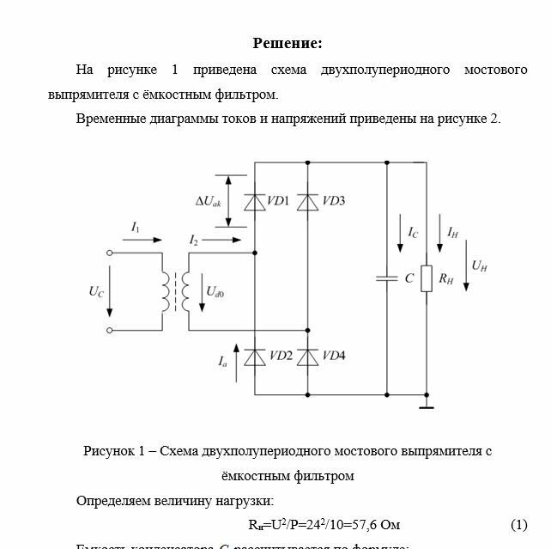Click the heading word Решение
[287, 43]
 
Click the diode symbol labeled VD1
[255, 202]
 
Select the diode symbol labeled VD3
[308, 202]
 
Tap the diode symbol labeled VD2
[255, 357]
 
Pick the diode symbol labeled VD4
[308, 357]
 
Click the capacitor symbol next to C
[386, 278]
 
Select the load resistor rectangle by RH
[426, 278]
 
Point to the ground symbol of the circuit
[426, 402]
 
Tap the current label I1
[136, 226]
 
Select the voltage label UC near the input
[96, 292]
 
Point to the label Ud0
[215, 292]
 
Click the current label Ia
[223, 363]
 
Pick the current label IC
[413, 232]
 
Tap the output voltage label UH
[479, 266]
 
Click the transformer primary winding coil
[163, 292]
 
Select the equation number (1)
[519, 524]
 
